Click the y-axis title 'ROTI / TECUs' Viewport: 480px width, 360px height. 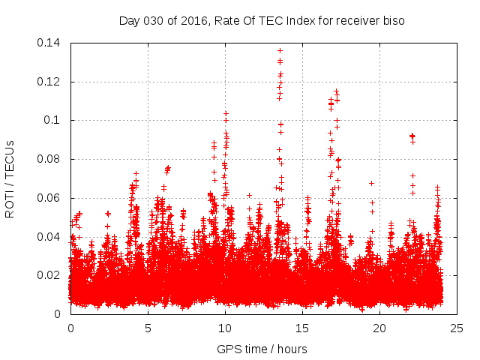[x=10, y=178]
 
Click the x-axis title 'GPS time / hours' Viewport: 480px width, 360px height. [x=262, y=349]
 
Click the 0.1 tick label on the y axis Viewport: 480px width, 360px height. [x=55, y=120]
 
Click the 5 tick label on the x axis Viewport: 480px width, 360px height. [x=148, y=328]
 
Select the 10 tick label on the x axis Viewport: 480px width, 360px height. [x=225, y=328]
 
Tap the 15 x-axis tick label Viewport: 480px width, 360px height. [x=302, y=328]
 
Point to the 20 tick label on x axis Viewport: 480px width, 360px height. [x=379, y=328]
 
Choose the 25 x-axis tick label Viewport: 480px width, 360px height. [x=457, y=328]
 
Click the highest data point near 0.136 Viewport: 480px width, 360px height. [x=280, y=50]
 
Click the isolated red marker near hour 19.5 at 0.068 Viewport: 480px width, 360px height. [x=371, y=183]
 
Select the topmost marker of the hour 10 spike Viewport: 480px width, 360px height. [x=226, y=113]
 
